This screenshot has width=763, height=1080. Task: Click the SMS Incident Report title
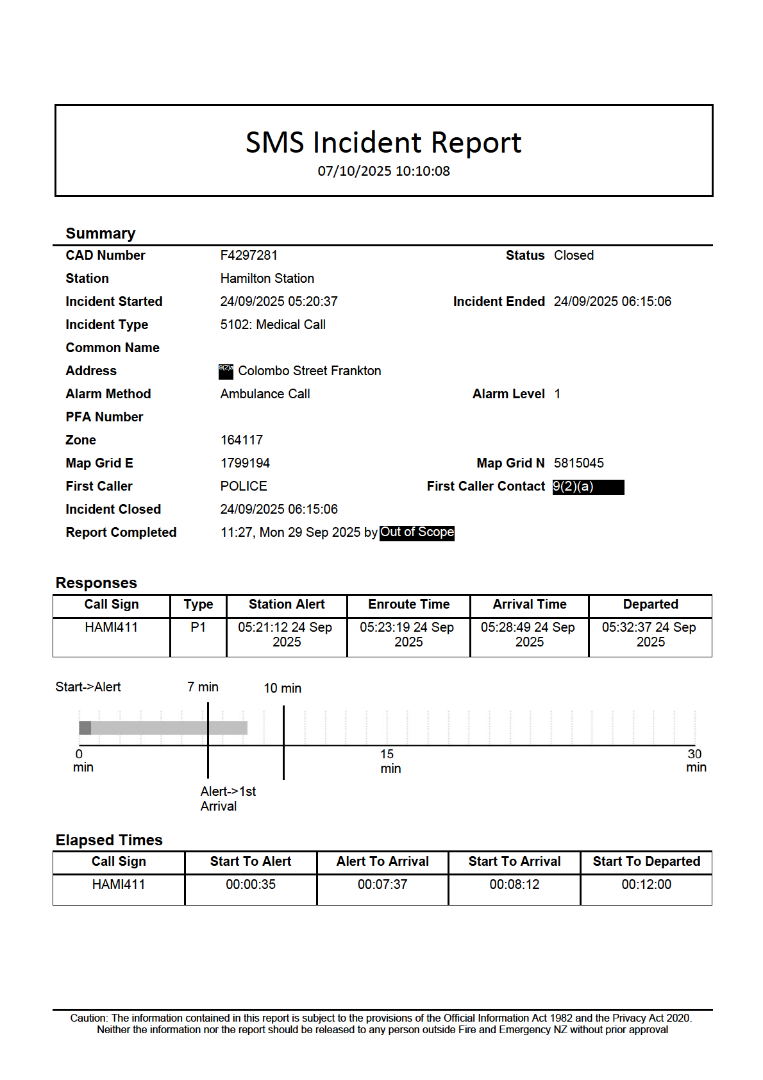pos(383,142)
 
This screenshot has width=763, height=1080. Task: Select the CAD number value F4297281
pos(249,255)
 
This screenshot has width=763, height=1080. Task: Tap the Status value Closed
pos(573,255)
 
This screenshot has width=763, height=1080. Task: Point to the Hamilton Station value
pos(267,278)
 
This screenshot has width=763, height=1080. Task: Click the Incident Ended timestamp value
pos(612,301)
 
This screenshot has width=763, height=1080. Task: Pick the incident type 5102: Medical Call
pos(272,325)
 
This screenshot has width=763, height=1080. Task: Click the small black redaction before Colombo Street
pos(226,371)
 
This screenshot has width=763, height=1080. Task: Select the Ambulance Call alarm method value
pos(265,394)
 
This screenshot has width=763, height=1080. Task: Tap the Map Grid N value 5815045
pos(578,463)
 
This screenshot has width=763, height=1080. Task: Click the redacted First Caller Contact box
pos(588,487)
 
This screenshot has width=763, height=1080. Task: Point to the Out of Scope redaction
pos(417,532)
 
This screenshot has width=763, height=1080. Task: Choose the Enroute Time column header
pos(408,604)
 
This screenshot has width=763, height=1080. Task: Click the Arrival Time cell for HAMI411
pos(529,634)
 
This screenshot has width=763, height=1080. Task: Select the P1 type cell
pos(198,627)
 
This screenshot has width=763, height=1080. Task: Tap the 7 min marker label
pos(203,687)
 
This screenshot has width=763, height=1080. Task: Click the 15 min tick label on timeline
pos(389,761)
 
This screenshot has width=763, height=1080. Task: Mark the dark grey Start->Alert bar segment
pos(85,727)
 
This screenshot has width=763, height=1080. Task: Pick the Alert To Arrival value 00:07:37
pos(382,884)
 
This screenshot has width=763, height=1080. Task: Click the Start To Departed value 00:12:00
pos(646,884)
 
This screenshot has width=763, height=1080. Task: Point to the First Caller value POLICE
pos(244,486)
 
